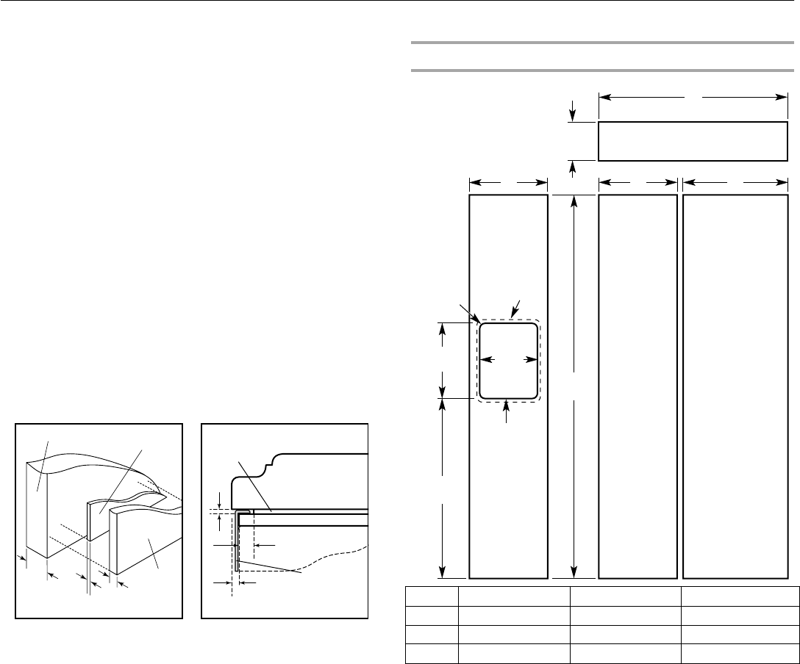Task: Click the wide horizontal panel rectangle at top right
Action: click(692, 141)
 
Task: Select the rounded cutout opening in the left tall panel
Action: click(508, 360)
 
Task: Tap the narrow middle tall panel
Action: click(638, 386)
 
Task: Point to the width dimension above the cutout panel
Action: click(509, 181)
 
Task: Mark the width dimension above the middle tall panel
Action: click(638, 181)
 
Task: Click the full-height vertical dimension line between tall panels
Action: click(574, 386)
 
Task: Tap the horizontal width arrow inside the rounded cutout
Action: click(508, 360)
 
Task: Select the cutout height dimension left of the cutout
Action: click(443, 360)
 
